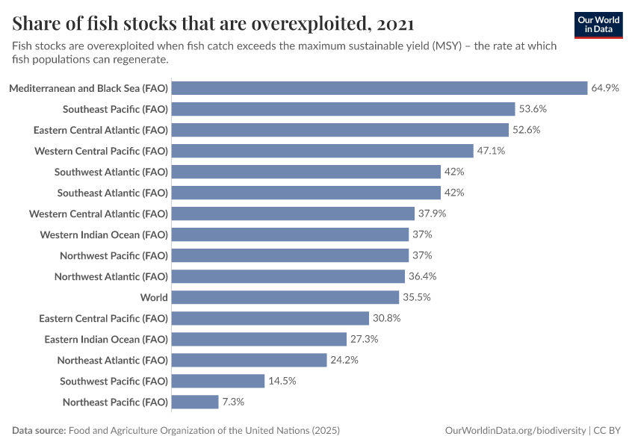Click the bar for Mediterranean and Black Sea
380,88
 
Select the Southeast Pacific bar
344,109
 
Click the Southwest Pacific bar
218,381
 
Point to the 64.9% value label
605,88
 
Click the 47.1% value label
491,151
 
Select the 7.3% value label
232,402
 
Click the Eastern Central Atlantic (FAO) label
101,130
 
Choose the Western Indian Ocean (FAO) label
104,234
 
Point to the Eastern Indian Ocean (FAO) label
106,339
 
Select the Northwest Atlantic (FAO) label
111,276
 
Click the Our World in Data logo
598,25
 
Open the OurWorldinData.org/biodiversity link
515,431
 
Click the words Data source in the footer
38,431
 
